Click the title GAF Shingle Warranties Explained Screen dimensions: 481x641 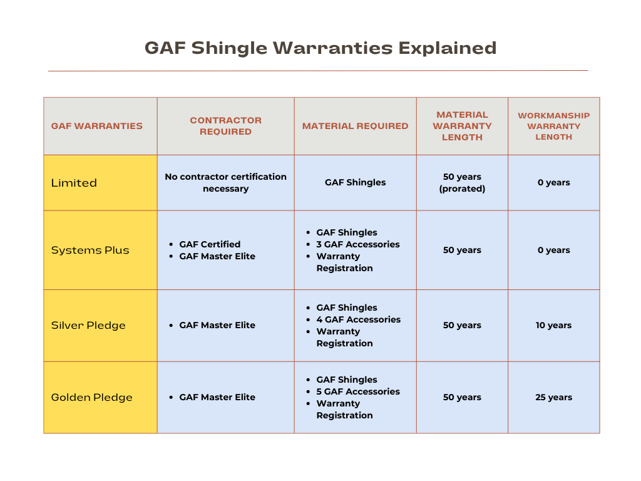tap(320, 48)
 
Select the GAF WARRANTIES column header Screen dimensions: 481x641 tap(97, 126)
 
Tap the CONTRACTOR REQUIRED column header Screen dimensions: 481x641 tap(225, 126)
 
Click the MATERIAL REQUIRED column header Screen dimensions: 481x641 tap(355, 126)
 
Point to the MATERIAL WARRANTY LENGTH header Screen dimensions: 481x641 tap(462, 126)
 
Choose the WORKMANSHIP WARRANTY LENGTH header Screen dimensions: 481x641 tap(553, 126)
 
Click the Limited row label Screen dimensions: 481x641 tap(74, 183)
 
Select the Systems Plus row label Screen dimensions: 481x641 tap(90, 250)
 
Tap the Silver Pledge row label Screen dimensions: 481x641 tap(88, 325)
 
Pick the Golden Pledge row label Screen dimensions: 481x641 tap(91, 397)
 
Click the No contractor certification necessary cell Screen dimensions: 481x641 tap(225, 183)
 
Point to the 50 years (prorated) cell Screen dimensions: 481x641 tap(462, 183)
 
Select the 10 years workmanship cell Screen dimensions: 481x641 tap(553, 325)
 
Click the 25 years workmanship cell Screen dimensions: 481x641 tap(553, 397)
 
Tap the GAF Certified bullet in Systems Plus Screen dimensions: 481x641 tap(210, 244)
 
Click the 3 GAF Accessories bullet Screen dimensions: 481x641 tap(357, 244)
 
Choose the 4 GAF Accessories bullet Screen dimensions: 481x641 tap(358, 319)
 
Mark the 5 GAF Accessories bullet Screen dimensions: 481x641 tap(357, 391)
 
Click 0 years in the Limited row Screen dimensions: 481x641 tap(553, 183)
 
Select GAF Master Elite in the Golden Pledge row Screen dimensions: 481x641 tap(217, 397)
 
